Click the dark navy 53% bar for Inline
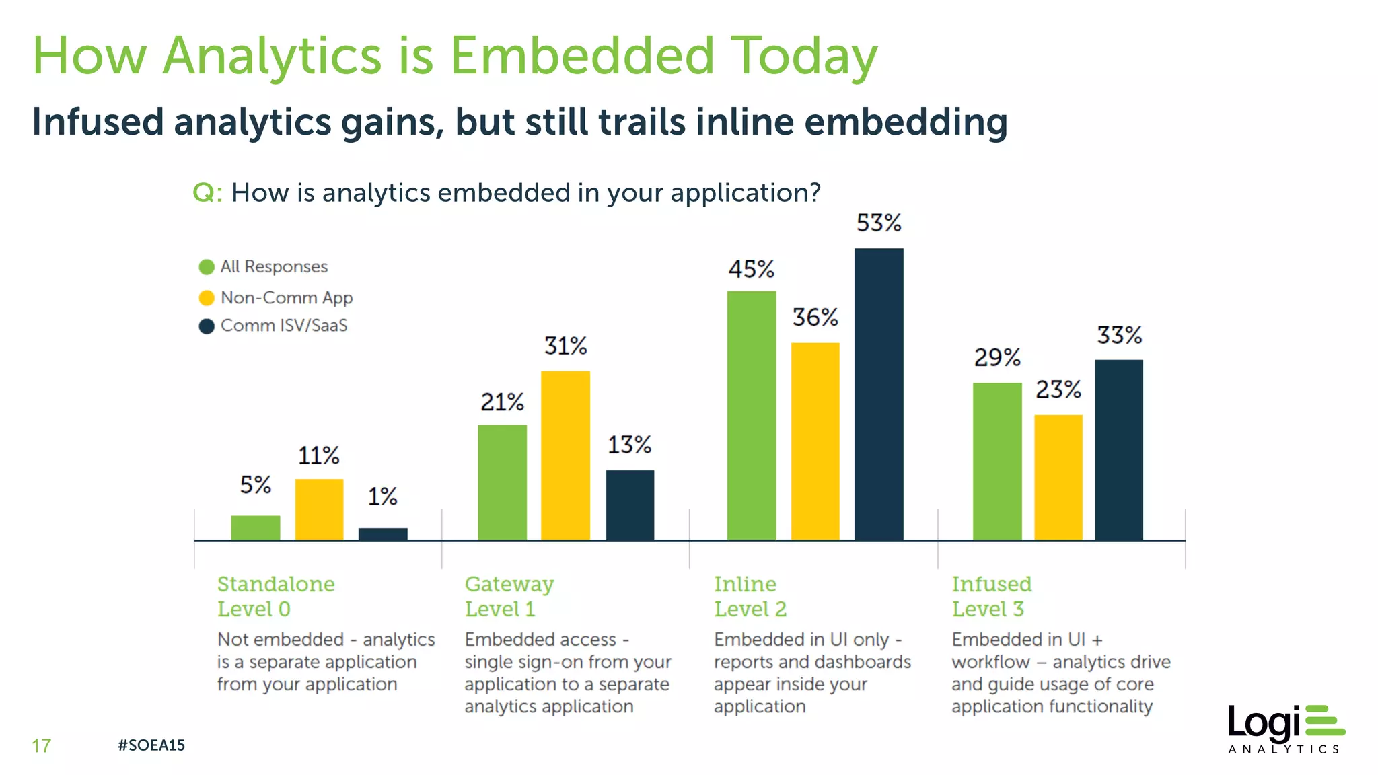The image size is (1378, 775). tap(879, 394)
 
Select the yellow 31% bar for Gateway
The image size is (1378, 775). tap(565, 455)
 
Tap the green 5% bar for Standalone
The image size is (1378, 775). tap(256, 527)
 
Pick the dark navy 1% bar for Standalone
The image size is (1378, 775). tap(383, 534)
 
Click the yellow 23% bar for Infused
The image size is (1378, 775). tap(1058, 477)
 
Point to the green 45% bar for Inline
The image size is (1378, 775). tap(752, 415)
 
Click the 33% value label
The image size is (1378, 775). tap(1119, 335)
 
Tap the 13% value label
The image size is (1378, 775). tap(629, 445)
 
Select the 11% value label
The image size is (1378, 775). tap(318, 455)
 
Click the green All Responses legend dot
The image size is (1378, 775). tap(207, 267)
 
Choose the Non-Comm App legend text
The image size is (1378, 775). tap(286, 297)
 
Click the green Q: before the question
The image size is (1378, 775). tap(207, 193)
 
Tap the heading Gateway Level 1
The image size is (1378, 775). tap(509, 596)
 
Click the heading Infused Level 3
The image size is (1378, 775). tap(991, 596)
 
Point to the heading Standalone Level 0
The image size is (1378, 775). tap(275, 596)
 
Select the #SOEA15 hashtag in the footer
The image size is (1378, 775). tap(151, 745)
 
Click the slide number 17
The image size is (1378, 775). tap(41, 745)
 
